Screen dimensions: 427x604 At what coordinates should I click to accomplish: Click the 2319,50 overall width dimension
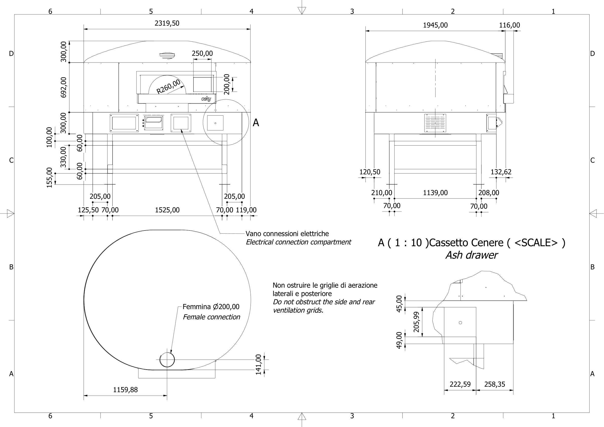tap(167, 23)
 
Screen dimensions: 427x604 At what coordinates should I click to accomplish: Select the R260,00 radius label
tap(168, 86)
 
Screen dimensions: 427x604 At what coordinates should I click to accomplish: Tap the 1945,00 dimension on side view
tap(435, 25)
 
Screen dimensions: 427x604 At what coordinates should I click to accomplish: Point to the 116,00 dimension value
tap(509, 25)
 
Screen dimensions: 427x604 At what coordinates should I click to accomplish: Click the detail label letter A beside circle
tap(256, 123)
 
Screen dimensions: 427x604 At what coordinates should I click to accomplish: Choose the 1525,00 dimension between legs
tap(167, 210)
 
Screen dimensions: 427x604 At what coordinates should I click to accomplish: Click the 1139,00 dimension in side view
tap(435, 193)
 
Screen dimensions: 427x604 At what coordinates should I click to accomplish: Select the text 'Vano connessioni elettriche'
tap(287, 234)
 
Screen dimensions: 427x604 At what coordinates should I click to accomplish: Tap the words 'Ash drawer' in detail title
tap(471, 255)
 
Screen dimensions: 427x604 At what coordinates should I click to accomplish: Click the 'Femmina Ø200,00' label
tap(211, 307)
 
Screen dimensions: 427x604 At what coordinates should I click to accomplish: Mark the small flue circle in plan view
tap(167, 360)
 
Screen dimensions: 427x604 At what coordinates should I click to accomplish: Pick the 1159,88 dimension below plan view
tap(125, 390)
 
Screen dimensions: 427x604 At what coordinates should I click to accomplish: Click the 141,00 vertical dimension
tap(258, 364)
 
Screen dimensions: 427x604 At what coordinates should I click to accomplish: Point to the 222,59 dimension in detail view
tap(460, 384)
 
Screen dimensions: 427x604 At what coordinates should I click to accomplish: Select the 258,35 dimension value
tap(494, 384)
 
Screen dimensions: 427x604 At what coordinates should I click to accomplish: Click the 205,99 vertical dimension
tap(416, 322)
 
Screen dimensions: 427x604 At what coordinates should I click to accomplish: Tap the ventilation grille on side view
tap(435, 123)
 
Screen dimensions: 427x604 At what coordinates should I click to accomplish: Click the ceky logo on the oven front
tap(206, 99)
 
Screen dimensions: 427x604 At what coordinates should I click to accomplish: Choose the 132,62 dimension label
tap(501, 172)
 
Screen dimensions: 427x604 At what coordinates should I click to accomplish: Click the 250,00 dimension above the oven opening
tap(202, 54)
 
